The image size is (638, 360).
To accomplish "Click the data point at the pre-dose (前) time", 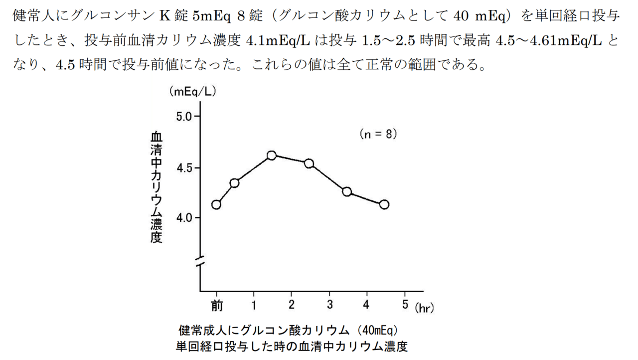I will pyautogui.click(x=216, y=204).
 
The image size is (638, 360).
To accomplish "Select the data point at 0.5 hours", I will pyautogui.click(x=234, y=183).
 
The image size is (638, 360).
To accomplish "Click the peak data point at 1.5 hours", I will pyautogui.click(x=272, y=156).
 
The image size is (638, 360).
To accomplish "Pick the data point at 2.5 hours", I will pyautogui.click(x=309, y=164).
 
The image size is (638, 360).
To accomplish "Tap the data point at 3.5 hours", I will pyautogui.click(x=347, y=192).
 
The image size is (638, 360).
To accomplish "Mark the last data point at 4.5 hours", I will pyautogui.click(x=384, y=204).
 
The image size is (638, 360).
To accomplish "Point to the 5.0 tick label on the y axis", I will pyautogui.click(x=184, y=117).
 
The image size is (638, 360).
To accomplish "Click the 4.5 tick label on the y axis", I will pyautogui.click(x=184, y=168).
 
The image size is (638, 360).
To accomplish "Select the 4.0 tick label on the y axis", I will pyautogui.click(x=184, y=218).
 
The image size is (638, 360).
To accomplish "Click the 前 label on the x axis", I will pyautogui.click(x=216, y=305).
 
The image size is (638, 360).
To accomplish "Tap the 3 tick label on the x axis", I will pyautogui.click(x=329, y=305).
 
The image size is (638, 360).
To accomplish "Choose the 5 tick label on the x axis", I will pyautogui.click(x=405, y=305).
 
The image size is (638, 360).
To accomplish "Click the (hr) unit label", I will pyautogui.click(x=425, y=309).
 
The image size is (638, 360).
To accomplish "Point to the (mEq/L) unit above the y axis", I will pyautogui.click(x=192, y=91).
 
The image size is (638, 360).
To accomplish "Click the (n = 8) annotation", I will pyautogui.click(x=378, y=134).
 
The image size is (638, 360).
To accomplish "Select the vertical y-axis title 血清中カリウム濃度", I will pyautogui.click(x=157, y=187).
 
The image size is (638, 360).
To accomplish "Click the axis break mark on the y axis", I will pyautogui.click(x=200, y=260).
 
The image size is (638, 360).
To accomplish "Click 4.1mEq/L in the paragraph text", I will pyautogui.click(x=279, y=41).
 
